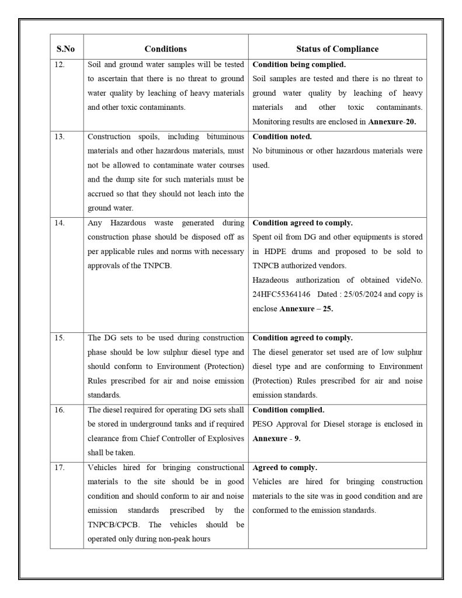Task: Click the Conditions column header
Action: point(165,48)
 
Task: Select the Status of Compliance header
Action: point(337,48)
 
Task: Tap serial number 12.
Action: point(60,64)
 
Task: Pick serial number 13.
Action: point(60,137)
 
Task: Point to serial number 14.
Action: point(60,223)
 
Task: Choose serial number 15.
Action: point(60,338)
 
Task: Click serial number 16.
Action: point(60,410)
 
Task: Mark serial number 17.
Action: point(60,468)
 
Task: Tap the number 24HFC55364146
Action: point(282,295)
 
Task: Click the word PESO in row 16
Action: point(263,424)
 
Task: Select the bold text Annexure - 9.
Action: point(276,439)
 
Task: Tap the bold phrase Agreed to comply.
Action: point(285,468)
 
